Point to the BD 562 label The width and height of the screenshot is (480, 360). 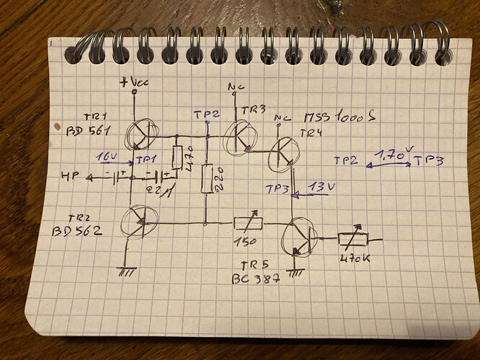pyautogui.click(x=77, y=232)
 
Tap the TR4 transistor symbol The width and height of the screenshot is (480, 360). pyautogui.click(x=286, y=153)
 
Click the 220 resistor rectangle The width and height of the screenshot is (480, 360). pyautogui.click(x=207, y=179)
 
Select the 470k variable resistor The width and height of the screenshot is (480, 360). pyautogui.click(x=353, y=239)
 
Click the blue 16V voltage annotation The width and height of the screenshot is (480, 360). pyautogui.click(x=105, y=156)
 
